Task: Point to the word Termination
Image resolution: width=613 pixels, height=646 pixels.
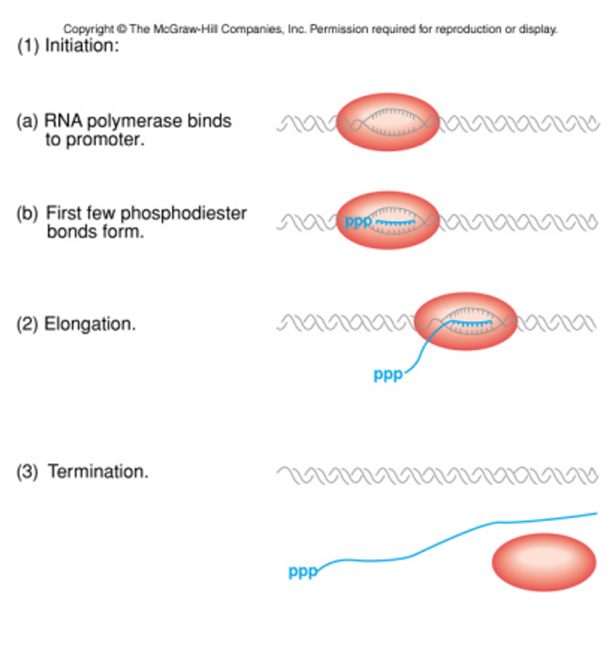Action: pos(98,472)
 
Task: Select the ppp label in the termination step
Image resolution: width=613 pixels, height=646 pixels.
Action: pos(302,572)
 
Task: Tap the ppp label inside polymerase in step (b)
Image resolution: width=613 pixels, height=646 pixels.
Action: pos(358,222)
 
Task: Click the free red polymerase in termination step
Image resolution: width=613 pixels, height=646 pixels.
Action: pos(544,562)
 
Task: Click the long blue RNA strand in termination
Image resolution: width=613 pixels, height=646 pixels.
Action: pos(458,537)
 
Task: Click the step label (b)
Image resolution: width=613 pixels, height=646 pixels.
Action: pos(27,213)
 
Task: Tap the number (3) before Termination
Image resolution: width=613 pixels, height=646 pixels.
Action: pos(27,472)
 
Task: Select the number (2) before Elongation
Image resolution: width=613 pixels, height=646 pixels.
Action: pos(27,324)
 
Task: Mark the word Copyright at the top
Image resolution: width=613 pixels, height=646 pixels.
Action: pos(88,29)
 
